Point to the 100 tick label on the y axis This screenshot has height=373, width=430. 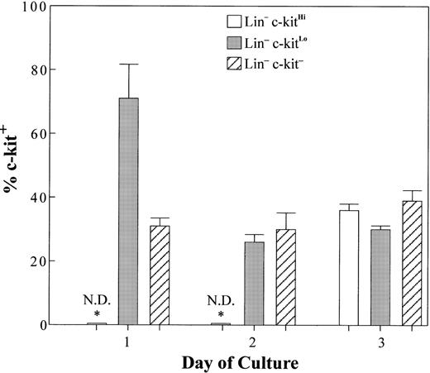coord(32,7)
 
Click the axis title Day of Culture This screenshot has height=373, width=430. coord(239,362)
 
